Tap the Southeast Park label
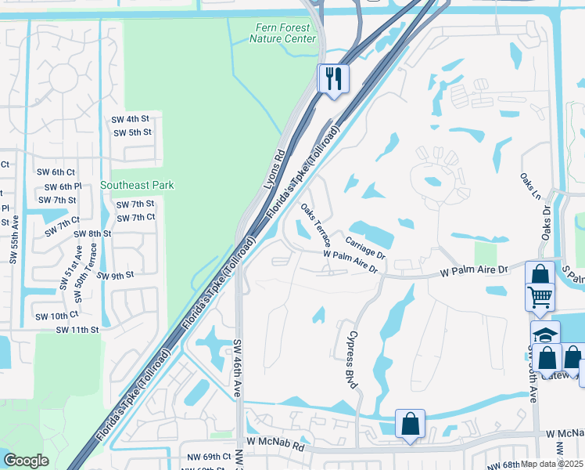pyautogui.click(x=137, y=185)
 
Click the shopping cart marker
pyautogui.click(x=540, y=298)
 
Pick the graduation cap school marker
pyautogui.click(x=545, y=334)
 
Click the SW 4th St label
pyautogui.click(x=131, y=118)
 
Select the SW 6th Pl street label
pyautogui.click(x=63, y=186)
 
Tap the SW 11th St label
pyautogui.click(x=77, y=331)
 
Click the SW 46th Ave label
pyautogui.click(x=238, y=368)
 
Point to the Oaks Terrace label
pyautogui.click(x=316, y=224)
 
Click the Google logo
pyautogui.click(x=26, y=461)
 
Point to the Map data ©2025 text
pyautogui.click(x=552, y=464)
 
